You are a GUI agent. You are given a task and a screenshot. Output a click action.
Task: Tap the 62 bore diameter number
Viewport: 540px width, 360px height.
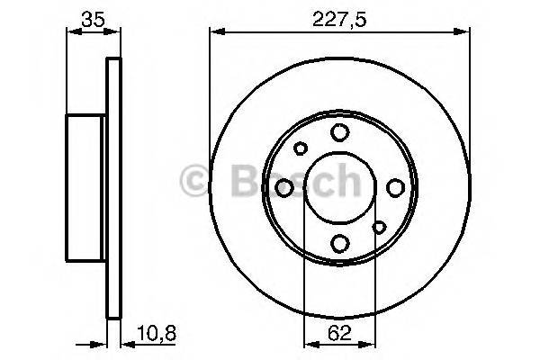click(x=338, y=333)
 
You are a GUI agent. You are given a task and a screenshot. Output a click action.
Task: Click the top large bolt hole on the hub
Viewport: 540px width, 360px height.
click(x=339, y=133)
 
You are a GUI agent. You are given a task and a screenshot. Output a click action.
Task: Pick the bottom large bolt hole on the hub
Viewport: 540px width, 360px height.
click(x=339, y=243)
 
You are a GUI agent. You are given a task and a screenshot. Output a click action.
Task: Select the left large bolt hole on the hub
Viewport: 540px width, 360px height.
click(x=284, y=187)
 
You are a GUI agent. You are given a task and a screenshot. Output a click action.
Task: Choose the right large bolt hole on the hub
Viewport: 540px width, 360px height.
click(x=394, y=187)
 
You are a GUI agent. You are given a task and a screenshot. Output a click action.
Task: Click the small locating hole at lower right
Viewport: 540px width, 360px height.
click(x=378, y=227)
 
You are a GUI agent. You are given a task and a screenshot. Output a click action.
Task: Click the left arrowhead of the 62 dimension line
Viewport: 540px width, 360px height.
click(x=308, y=344)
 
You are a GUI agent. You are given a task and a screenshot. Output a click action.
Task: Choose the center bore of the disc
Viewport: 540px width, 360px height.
click(x=339, y=187)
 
